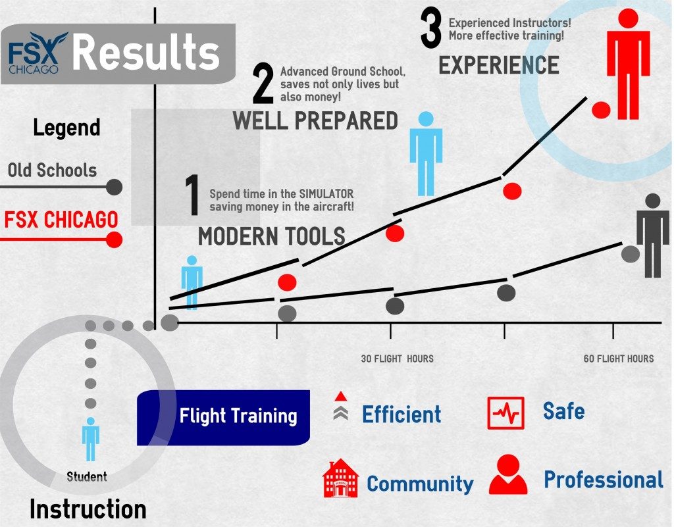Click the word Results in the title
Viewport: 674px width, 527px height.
pos(146,53)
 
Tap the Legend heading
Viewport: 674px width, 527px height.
pos(66,128)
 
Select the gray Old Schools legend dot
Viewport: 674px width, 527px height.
pos(114,188)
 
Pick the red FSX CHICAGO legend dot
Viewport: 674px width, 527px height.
pos(114,239)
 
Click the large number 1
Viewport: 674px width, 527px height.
pos(192,195)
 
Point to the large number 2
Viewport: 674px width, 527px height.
pos(263,84)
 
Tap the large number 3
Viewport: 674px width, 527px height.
pos(431,28)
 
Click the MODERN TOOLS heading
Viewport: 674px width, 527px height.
pos(272,236)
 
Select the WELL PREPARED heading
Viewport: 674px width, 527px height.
pos(315,120)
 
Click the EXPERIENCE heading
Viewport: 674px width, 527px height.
pos(499,65)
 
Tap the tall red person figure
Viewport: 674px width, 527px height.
pos(628,64)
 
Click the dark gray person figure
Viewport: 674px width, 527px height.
pos(652,236)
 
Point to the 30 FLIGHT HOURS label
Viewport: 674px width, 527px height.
pos(397,359)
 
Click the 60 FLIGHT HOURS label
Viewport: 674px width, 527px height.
pos(619,359)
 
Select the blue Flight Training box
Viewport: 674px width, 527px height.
pos(223,418)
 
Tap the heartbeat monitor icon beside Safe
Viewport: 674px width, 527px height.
pos(505,413)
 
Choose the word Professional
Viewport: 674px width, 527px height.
pos(604,480)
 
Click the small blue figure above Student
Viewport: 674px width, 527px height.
pos(91,439)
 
